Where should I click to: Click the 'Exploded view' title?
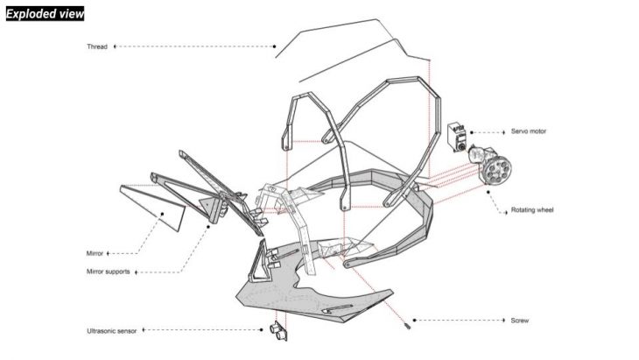point(45,14)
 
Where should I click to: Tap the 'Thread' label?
point(97,46)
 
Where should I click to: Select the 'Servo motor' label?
point(529,131)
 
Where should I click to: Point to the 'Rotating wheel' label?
point(532,210)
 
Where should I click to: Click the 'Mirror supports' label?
point(108,272)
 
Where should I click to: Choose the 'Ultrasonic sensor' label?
point(112,330)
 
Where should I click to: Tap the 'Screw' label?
point(520,321)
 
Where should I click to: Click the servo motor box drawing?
point(458,138)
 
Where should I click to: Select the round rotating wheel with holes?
point(497,170)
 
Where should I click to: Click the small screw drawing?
point(407,326)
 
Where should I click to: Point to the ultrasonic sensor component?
point(278,331)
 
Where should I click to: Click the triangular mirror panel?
point(154,207)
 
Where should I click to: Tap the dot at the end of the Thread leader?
point(274,46)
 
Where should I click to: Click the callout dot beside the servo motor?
point(472,132)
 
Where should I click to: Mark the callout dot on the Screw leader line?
point(414,320)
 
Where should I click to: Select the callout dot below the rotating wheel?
point(488,192)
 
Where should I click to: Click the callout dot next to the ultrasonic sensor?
point(262,329)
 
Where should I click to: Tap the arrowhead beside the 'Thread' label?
point(115,46)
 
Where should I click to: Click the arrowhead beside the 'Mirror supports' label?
point(136,272)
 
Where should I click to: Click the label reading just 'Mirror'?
point(95,253)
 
